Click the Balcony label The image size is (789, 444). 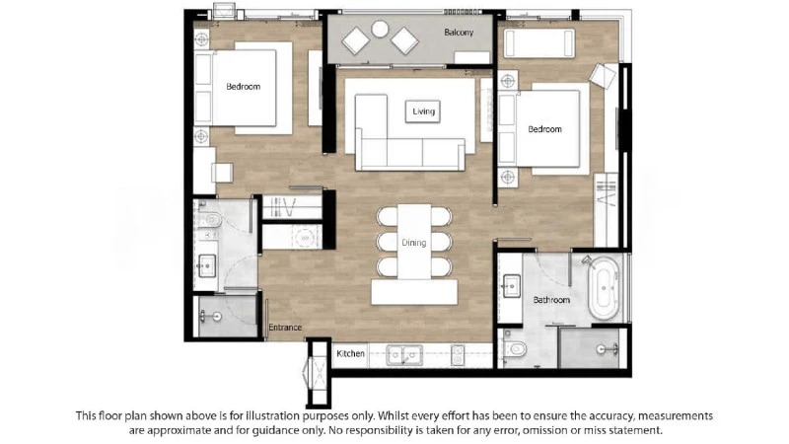click(x=459, y=33)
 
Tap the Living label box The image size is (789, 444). click(x=423, y=111)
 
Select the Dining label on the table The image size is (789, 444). click(x=413, y=243)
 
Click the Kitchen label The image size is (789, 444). click(x=350, y=353)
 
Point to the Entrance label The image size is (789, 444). click(x=285, y=328)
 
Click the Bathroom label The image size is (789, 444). click(x=551, y=300)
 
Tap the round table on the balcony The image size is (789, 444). click(x=380, y=29)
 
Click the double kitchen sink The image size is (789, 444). click(x=404, y=355)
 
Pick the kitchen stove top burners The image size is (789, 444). click(x=457, y=355)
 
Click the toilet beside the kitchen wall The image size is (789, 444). click(x=515, y=348)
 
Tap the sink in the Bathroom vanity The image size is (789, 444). click(x=511, y=286)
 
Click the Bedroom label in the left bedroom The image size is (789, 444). click(x=243, y=87)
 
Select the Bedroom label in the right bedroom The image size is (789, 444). click(x=544, y=129)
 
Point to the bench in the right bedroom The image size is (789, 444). click(x=538, y=43)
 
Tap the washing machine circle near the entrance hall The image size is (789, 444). click(x=304, y=237)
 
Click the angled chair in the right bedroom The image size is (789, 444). click(x=603, y=76)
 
